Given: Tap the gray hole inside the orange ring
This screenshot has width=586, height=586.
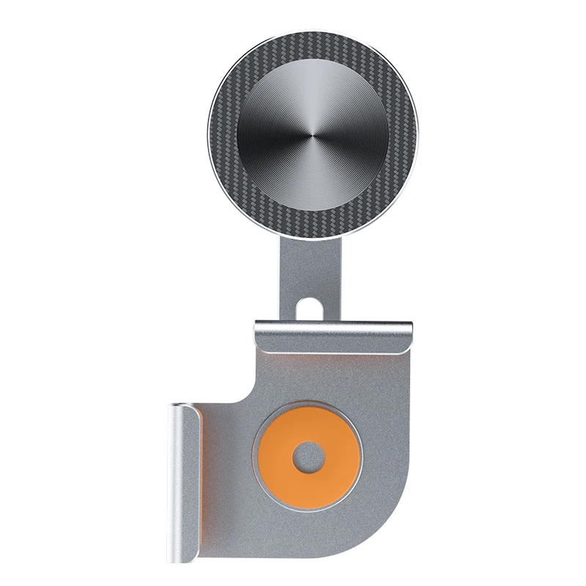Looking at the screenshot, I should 308,458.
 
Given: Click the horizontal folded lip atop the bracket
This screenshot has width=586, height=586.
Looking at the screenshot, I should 333,334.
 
